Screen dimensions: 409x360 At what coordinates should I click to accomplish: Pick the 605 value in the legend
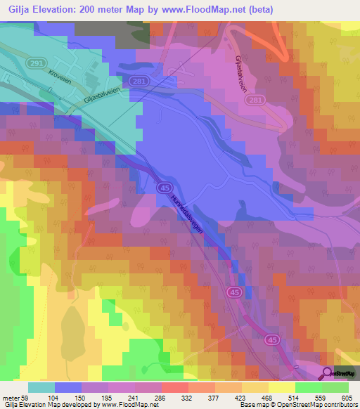click(347, 398)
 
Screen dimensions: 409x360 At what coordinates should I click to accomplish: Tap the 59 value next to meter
click(25, 398)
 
